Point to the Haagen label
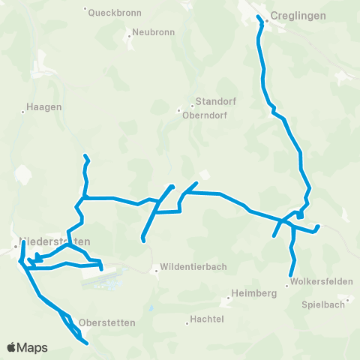43,107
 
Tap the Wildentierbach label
189,268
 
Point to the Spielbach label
323,304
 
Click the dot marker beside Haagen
22,112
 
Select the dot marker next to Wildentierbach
154,271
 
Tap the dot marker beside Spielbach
348,301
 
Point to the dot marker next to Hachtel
187,323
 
